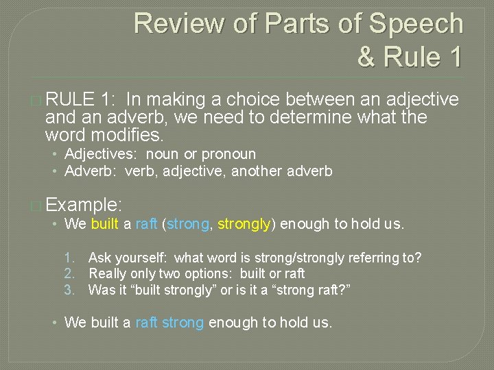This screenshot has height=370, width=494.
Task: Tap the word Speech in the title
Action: (417, 23)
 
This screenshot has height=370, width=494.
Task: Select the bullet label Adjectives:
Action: (103, 154)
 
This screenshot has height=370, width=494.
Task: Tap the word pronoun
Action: (228, 154)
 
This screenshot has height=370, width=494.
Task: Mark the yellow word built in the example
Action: (104, 224)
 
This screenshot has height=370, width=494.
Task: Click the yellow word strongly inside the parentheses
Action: (244, 224)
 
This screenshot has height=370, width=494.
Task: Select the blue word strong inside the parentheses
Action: (187, 224)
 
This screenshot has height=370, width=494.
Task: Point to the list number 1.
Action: (69, 258)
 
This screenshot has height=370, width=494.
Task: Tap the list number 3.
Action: (69, 289)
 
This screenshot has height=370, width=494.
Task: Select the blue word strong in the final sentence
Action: (183, 322)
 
